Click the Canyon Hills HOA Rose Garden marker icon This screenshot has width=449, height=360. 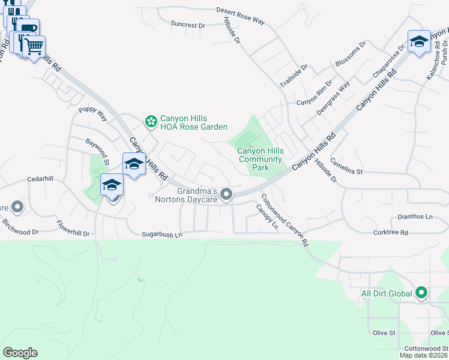(151, 122)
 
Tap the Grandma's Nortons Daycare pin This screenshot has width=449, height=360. (226, 193)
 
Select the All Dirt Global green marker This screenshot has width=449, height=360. (421, 293)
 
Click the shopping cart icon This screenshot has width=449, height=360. (34, 46)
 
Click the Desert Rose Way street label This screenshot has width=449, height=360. (241, 15)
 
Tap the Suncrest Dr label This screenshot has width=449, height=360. (187, 25)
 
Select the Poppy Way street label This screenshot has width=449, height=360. (92, 113)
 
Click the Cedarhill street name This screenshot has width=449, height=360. (40, 179)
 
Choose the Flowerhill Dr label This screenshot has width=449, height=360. (73, 231)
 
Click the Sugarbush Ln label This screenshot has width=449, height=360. (161, 236)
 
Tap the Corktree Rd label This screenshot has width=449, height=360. (390, 232)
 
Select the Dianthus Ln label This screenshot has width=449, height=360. (415, 217)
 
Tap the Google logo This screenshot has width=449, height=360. (20, 353)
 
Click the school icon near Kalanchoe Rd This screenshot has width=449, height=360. (419, 41)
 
